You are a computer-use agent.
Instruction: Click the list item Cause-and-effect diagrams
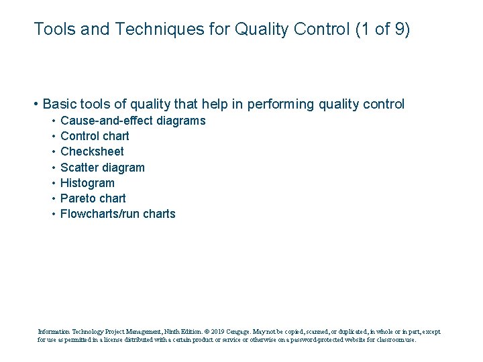click(133, 121)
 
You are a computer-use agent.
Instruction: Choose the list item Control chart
click(95, 136)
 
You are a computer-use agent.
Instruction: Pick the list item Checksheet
click(92, 152)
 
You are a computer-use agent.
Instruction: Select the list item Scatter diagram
click(102, 167)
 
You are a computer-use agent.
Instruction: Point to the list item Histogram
click(87, 183)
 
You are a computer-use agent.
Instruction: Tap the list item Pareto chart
click(93, 198)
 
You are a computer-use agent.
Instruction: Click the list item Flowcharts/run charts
click(117, 214)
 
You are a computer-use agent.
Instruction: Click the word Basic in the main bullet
click(58, 105)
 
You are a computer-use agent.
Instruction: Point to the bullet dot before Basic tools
click(35, 105)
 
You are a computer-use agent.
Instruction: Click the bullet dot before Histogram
click(52, 183)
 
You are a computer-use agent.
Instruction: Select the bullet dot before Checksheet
click(52, 152)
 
